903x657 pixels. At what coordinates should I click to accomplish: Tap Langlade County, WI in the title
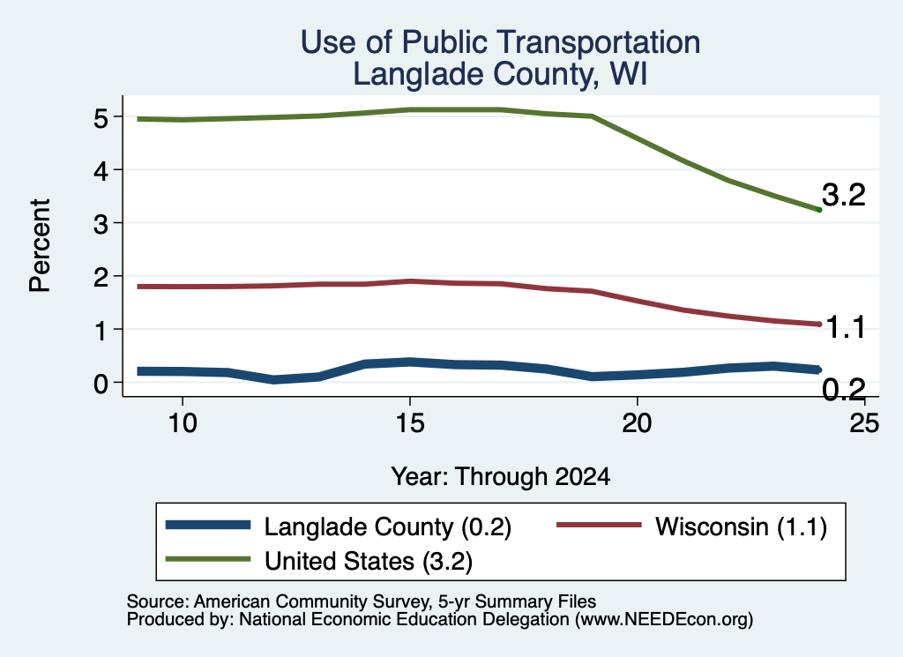click(500, 74)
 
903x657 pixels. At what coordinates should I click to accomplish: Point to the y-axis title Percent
click(40, 245)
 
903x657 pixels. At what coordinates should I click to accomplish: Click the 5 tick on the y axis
click(101, 118)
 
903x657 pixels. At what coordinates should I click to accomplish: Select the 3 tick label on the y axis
click(101, 224)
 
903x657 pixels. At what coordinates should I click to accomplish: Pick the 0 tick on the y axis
click(101, 384)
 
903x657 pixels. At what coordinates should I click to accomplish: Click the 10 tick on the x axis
click(183, 423)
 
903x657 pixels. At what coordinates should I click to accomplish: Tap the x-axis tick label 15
click(410, 423)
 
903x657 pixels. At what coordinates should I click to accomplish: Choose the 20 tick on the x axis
click(637, 423)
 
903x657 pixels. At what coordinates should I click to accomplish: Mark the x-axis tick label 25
click(864, 423)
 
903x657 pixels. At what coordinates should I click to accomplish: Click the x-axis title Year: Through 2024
click(501, 477)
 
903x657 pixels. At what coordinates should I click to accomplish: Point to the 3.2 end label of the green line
click(844, 195)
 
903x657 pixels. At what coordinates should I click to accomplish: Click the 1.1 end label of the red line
click(846, 328)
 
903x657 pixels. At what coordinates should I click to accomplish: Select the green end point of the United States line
click(819, 210)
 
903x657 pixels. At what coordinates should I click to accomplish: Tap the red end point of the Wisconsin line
click(819, 325)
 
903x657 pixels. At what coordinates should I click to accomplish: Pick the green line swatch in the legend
click(208, 559)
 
